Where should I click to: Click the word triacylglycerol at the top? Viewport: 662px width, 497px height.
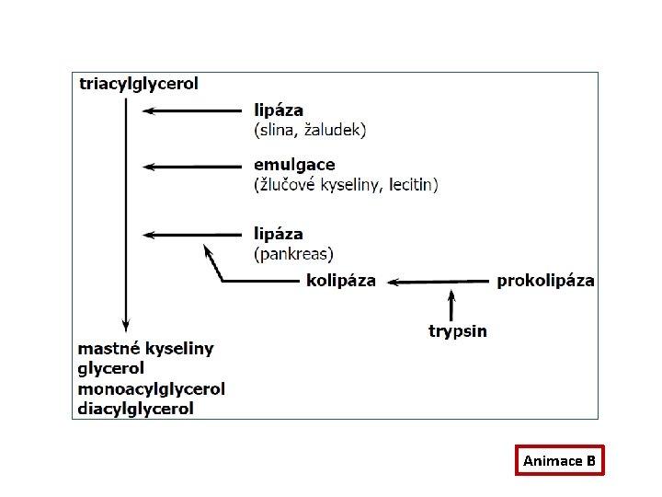tap(139, 84)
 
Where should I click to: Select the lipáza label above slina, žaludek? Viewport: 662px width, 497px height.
tap(279, 110)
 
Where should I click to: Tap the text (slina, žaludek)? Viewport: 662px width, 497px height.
tap(310, 130)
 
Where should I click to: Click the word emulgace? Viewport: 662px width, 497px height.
tap(294, 166)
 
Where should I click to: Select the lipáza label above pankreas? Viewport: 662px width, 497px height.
tap(279, 235)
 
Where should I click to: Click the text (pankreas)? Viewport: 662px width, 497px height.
tap(293, 253)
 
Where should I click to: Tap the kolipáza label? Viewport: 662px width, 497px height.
tap(341, 281)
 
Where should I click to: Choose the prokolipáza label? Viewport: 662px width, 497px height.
tap(545, 281)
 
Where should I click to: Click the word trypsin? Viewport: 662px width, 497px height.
tap(458, 330)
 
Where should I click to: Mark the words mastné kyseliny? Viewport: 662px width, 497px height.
tap(145, 349)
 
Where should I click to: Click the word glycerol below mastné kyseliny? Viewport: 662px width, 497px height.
tap(111, 369)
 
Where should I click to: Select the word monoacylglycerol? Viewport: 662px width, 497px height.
tap(152, 388)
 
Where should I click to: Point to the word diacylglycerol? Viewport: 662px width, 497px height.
tap(136, 409)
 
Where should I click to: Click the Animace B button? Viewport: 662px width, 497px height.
tap(560, 459)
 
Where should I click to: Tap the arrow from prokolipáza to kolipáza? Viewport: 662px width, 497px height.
tap(438, 282)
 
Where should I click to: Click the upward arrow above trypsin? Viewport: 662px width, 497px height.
tap(451, 305)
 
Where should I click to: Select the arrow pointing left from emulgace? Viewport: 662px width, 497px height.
tap(193, 167)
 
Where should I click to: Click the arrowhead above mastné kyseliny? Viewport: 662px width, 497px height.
tap(125, 325)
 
